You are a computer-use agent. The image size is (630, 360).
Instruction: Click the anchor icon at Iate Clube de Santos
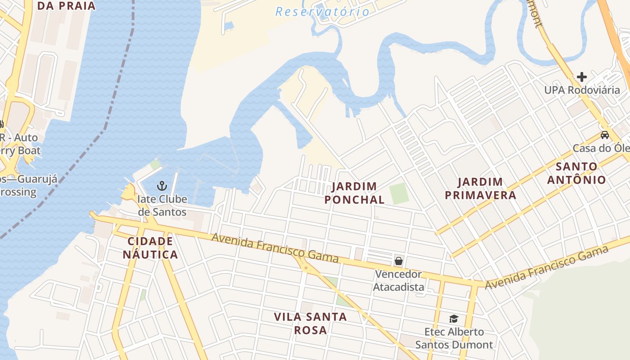(x=162, y=185)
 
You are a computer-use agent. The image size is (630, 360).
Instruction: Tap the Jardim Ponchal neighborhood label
(x=355, y=193)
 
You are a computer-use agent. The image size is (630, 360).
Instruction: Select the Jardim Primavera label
(x=480, y=189)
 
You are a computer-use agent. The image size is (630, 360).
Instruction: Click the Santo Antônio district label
(x=576, y=173)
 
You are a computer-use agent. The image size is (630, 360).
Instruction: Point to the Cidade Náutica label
(x=150, y=248)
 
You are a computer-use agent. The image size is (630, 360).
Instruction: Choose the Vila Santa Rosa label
(x=310, y=323)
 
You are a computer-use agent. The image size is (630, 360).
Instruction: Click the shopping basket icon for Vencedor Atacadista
(x=398, y=261)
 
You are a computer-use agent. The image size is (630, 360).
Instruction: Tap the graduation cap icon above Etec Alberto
(x=454, y=319)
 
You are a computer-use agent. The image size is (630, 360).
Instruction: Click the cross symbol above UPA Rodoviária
(x=582, y=76)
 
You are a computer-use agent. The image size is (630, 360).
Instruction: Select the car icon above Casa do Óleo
(x=605, y=135)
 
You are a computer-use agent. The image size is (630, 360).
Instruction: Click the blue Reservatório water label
(x=322, y=12)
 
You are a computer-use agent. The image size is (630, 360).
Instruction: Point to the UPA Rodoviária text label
(x=582, y=90)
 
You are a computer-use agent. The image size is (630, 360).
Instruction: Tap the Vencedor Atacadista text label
(x=399, y=280)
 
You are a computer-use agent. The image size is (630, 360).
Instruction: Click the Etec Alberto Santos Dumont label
(x=454, y=338)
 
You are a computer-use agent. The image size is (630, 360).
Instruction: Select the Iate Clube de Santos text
(x=162, y=205)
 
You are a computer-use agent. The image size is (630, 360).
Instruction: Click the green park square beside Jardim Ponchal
(x=399, y=193)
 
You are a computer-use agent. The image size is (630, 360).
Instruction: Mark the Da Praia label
(x=66, y=6)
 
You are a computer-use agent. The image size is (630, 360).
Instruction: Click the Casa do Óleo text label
(x=601, y=148)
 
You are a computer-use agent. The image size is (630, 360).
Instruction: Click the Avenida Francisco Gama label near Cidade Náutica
(x=274, y=247)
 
